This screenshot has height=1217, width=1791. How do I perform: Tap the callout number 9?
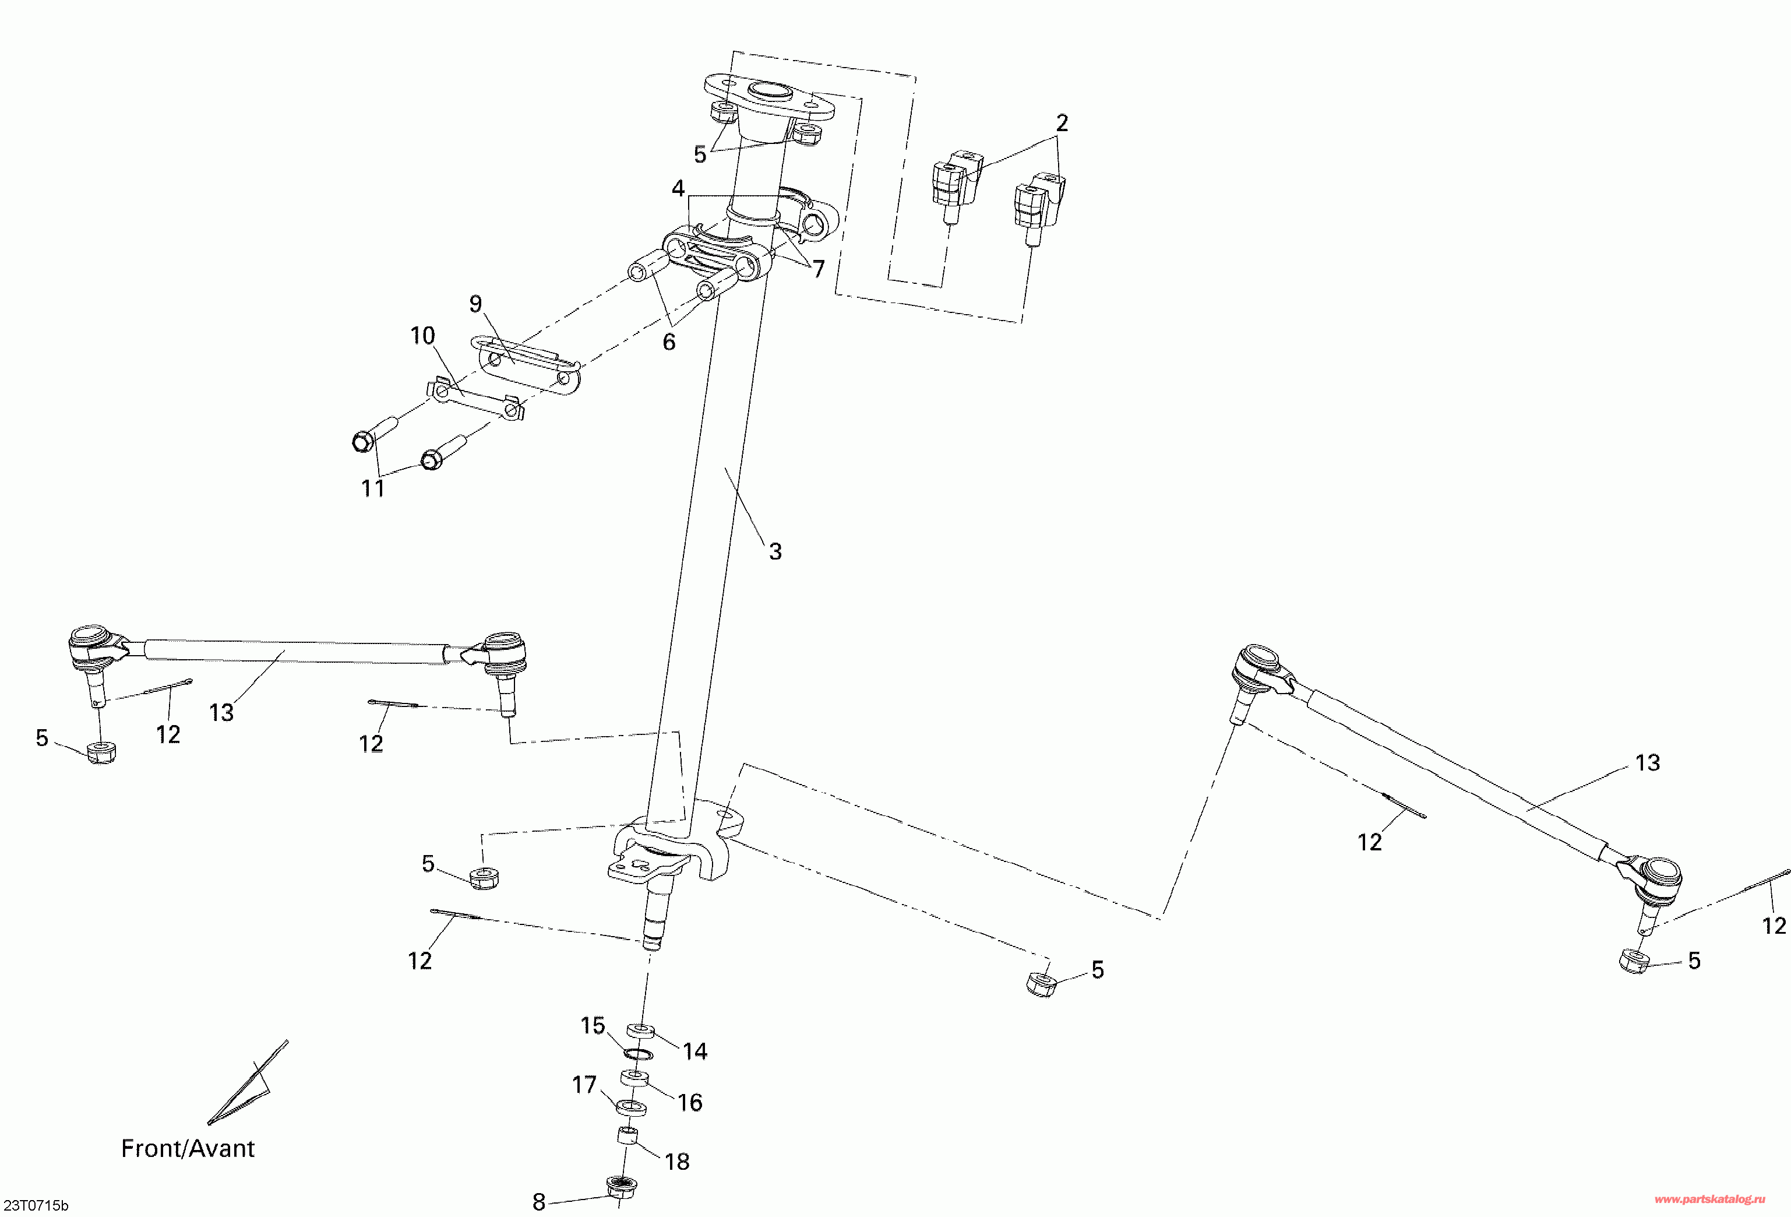475,304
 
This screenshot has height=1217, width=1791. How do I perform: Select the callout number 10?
422,336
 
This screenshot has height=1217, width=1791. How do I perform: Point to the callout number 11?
373,488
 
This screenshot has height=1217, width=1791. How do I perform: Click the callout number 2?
1062,124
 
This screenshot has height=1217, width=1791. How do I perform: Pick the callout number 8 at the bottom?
539,1202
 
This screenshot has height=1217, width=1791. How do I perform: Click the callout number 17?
584,1085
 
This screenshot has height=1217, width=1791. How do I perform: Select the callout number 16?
690,1103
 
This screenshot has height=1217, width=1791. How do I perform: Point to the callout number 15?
593,1026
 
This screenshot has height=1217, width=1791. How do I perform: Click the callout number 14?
694,1051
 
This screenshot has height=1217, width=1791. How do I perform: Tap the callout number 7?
819,269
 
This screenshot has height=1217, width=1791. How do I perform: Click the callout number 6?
669,342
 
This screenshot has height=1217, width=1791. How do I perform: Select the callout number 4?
678,189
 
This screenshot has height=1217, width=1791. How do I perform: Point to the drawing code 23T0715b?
36,1205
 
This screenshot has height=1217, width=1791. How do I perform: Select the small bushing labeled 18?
628,1135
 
